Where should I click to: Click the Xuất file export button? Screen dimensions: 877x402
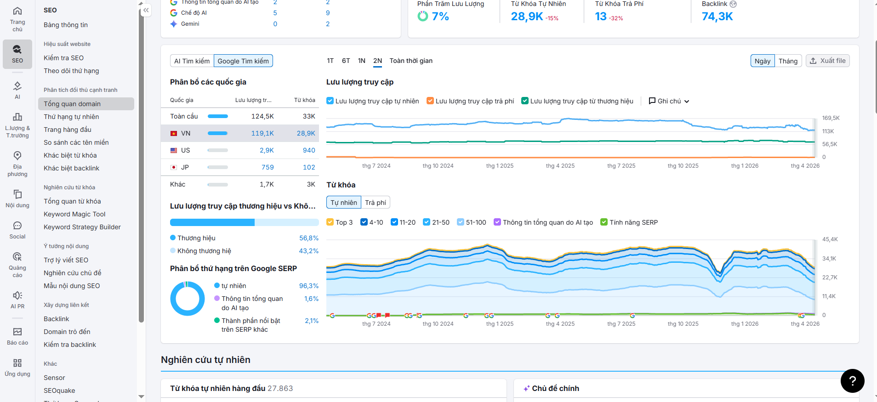pos(827,61)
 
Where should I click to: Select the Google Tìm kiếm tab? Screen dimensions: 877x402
pos(243,61)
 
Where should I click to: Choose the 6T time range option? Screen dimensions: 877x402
pos(346,61)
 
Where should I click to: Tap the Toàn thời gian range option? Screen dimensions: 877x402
pos(411,61)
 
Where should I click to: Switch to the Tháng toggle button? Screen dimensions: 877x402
pos(788,61)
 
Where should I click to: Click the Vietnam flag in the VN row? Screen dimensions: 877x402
pos(174,133)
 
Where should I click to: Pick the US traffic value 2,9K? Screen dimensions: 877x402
pos(267,150)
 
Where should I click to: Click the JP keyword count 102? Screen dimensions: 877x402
pos(309,167)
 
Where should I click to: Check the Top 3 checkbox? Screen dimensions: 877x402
pos(330,222)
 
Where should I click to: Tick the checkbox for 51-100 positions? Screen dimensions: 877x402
pos(461,222)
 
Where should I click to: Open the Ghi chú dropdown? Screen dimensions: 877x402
pos(669,101)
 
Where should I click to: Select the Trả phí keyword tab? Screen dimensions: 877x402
pos(376,203)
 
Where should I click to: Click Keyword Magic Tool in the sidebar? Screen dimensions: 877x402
pos(74,214)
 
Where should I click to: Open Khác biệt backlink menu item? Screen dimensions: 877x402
pos(71,168)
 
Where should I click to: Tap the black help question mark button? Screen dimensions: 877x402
pos(852,381)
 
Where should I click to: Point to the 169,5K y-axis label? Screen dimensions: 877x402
pos(831,118)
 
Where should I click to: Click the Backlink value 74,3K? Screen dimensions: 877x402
pos(717,17)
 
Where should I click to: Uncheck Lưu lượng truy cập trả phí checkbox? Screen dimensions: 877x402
pos(430,101)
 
